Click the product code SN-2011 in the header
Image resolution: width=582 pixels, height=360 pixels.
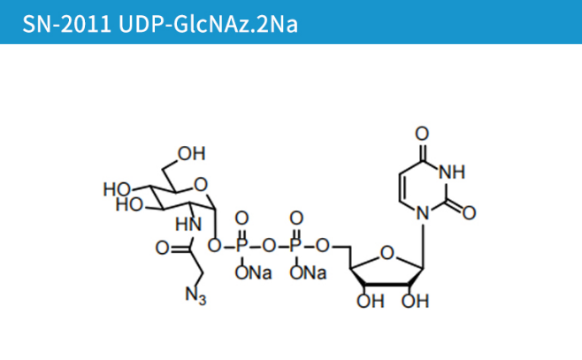pos(57,21)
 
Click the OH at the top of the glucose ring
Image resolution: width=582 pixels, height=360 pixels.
pos(191,153)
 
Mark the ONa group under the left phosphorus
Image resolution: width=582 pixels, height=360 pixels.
pos(253,273)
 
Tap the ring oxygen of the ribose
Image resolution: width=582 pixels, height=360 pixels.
pos(388,256)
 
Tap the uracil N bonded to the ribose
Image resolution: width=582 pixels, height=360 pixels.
pos(423,212)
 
